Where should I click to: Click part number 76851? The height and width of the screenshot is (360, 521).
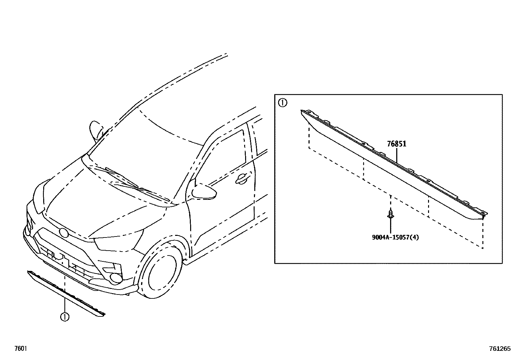397,144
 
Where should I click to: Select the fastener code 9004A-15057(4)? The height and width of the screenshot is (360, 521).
395,237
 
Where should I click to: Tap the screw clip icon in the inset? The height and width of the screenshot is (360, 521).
390,214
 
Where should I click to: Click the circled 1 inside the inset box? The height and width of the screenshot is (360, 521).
282,103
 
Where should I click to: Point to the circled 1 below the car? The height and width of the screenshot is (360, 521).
65,317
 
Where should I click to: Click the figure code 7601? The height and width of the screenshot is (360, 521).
20,349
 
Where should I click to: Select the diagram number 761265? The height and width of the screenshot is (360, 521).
500,349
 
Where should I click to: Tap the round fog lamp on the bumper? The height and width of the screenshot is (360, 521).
116,278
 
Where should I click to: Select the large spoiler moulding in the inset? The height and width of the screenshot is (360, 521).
393,170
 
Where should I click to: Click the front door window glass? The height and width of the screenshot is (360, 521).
223,157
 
